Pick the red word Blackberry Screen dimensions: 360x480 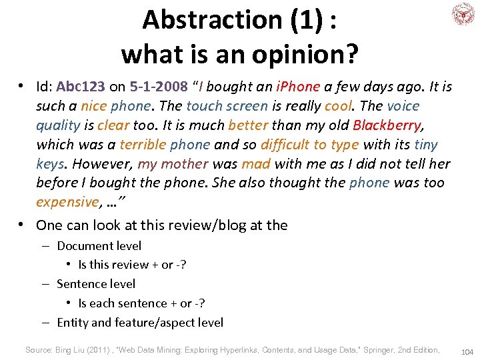click(387, 125)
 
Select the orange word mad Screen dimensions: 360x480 click(256, 164)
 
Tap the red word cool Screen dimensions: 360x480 click(338, 106)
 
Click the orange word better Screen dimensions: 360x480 click(248, 125)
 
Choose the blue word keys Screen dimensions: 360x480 click(51, 164)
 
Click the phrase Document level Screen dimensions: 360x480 click(99, 245)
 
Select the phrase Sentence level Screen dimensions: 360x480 click(96, 284)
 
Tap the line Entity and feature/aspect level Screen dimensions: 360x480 click(140, 323)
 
